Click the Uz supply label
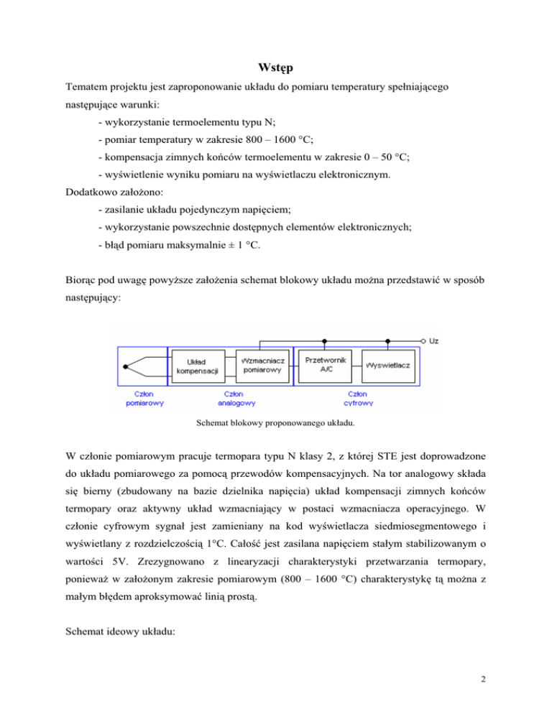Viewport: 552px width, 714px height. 434,340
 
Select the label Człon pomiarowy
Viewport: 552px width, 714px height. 144,398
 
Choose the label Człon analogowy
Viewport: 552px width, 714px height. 234,398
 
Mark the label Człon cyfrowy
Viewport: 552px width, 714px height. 357,398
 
